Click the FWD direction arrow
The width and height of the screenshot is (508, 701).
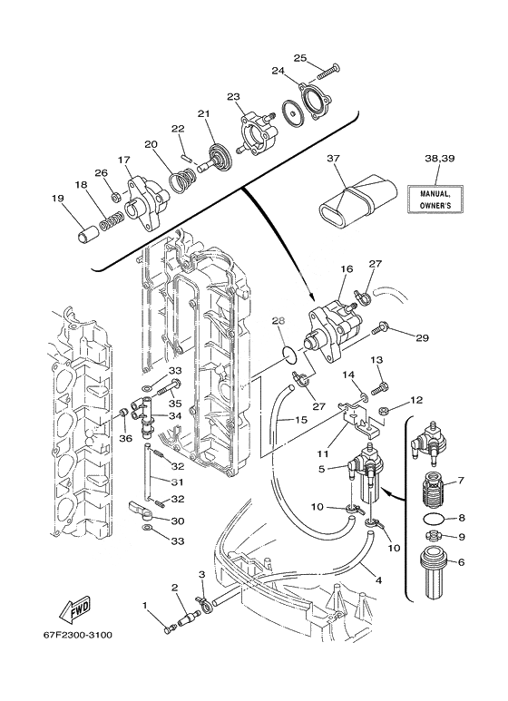[x=75, y=609]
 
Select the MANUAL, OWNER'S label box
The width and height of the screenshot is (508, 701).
[x=435, y=199]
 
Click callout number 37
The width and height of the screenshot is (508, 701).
[x=333, y=159]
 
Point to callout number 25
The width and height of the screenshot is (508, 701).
[x=300, y=58]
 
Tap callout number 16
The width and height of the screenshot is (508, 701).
[x=347, y=268]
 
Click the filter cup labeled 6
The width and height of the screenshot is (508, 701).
[x=433, y=573]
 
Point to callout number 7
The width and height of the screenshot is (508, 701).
[x=461, y=481]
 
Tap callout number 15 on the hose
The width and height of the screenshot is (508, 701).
[x=301, y=420]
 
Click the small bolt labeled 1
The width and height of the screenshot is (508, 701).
[x=168, y=630]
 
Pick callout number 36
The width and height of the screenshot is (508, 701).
[x=126, y=439]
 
